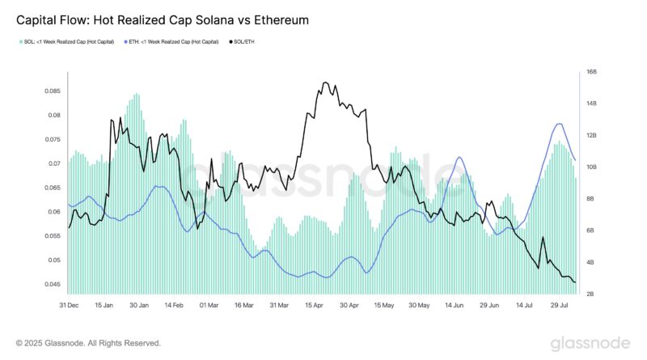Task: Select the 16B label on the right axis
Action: (x=591, y=72)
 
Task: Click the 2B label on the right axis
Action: (x=591, y=294)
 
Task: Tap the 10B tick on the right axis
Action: (x=591, y=167)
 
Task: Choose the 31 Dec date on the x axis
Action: (x=68, y=306)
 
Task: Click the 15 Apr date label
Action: (x=314, y=306)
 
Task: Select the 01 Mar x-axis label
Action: (x=209, y=306)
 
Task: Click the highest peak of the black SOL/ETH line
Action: (x=325, y=83)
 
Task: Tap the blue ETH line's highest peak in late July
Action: (x=559, y=124)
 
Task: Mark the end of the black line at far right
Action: (x=575, y=282)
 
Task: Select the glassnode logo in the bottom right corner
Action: (x=590, y=342)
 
